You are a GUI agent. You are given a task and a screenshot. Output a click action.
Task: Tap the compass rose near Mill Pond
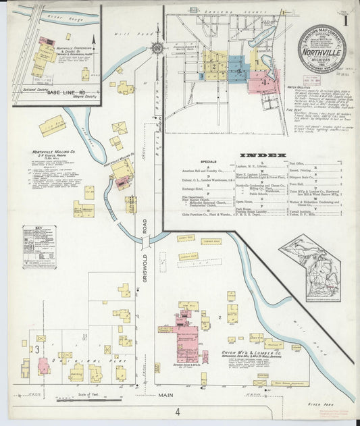157,49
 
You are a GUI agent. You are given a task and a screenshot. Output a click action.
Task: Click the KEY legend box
39,248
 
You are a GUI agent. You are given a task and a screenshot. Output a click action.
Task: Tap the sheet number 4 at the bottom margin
178,411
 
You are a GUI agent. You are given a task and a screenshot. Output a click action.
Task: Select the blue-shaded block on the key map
237,68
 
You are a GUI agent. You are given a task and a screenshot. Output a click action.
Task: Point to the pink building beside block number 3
43,365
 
